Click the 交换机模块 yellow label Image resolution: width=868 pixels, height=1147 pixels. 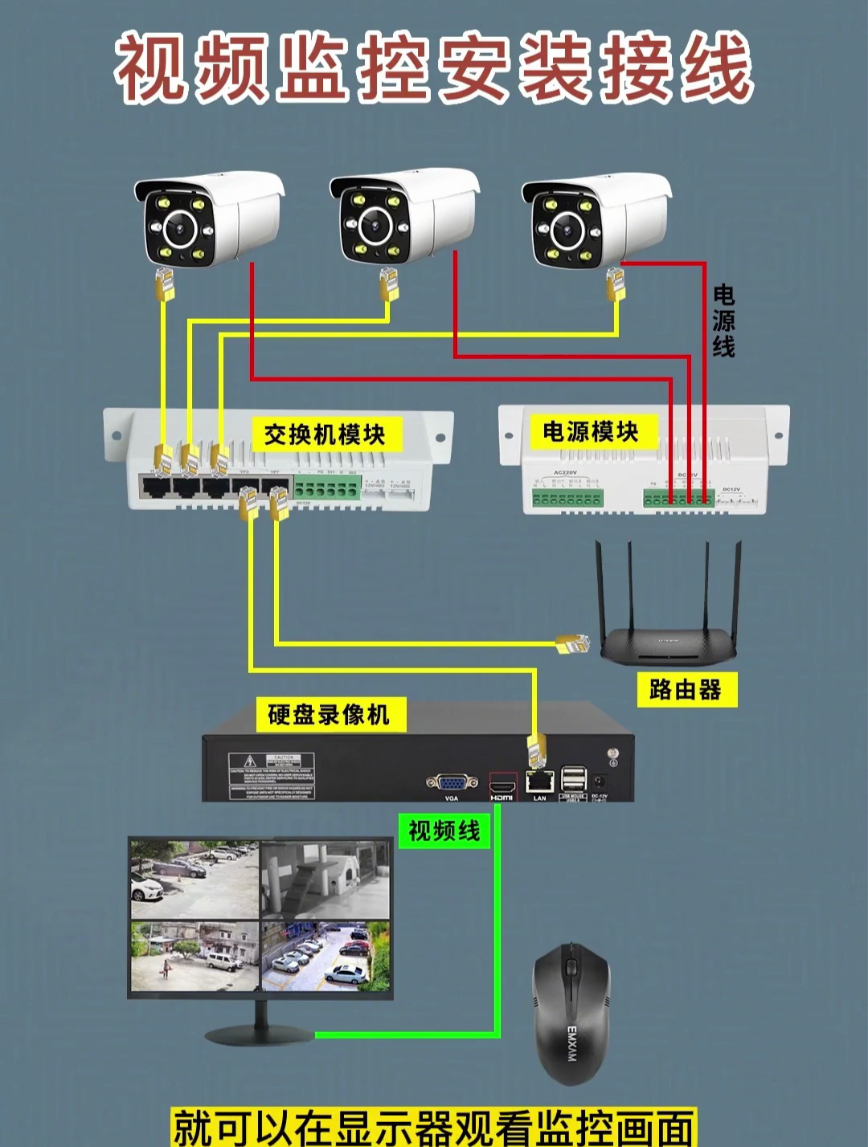point(325,435)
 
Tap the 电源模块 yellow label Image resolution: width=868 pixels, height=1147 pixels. point(590,431)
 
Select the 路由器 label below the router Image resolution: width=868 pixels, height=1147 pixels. point(686,689)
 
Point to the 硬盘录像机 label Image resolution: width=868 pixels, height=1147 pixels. point(329,714)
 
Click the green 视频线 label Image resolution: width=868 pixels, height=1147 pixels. point(444,831)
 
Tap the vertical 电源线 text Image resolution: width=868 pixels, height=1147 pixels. point(723,321)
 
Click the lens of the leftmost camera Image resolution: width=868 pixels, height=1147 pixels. point(178,230)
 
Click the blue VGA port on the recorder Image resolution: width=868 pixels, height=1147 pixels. point(451,783)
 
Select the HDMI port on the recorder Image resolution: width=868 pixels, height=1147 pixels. point(502,783)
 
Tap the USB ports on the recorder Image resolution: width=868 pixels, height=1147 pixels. point(573,779)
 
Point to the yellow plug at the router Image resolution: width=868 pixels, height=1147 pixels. point(573,643)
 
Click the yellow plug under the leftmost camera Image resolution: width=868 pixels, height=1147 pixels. point(166,284)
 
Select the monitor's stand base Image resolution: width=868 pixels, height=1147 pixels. point(259,1033)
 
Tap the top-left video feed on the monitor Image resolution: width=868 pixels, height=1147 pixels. point(195,880)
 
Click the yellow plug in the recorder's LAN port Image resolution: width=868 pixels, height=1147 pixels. point(536,752)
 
